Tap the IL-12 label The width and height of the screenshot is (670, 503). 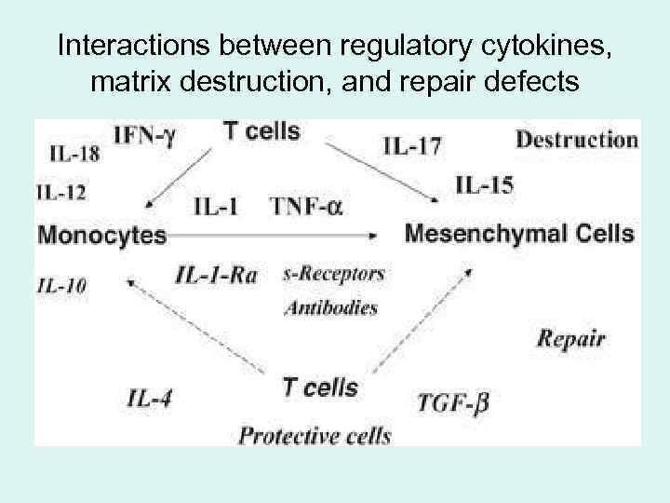pyautogui.click(x=61, y=193)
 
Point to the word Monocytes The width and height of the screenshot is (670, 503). pyautogui.click(x=101, y=235)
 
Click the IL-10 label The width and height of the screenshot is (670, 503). pyautogui.click(x=61, y=285)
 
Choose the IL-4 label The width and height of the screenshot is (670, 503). pyautogui.click(x=150, y=399)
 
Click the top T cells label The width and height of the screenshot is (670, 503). pyautogui.click(x=261, y=131)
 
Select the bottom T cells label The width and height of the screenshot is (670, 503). pyautogui.click(x=319, y=387)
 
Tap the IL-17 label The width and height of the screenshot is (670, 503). pyautogui.click(x=411, y=144)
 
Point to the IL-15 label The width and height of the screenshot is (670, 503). pyautogui.click(x=484, y=185)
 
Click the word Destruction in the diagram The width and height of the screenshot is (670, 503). pyautogui.click(x=576, y=140)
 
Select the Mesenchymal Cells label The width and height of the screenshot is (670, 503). pyautogui.click(x=520, y=233)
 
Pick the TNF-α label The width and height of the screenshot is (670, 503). pyautogui.click(x=306, y=207)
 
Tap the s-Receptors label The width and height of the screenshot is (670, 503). pyautogui.click(x=333, y=274)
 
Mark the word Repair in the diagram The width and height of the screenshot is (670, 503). pyautogui.click(x=571, y=338)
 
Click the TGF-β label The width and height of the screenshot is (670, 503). pyautogui.click(x=453, y=402)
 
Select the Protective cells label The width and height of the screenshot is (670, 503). pyautogui.click(x=315, y=434)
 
